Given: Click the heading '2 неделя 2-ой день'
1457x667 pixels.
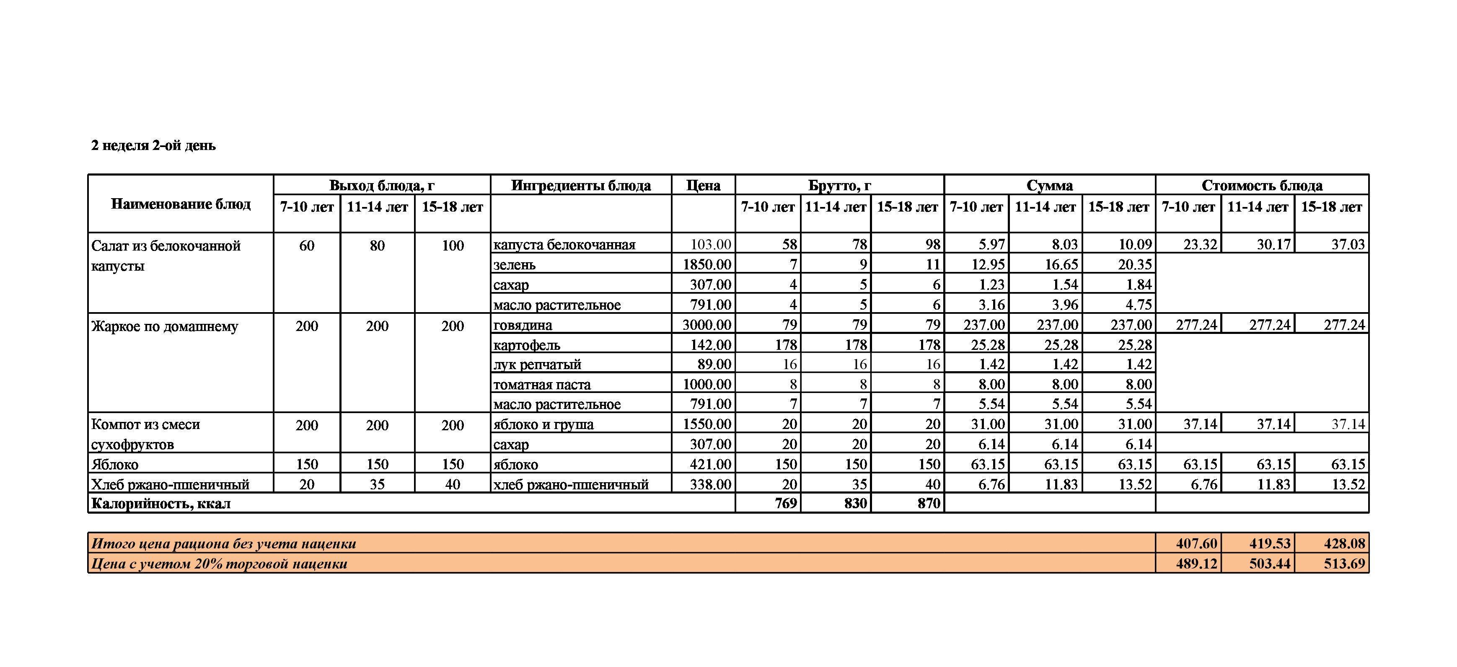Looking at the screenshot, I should pos(153,145).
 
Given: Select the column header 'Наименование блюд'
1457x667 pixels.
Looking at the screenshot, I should pos(181,204).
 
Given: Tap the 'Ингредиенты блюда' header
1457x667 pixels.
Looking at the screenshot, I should pos(581,186).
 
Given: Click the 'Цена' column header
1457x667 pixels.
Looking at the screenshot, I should pos(703,186).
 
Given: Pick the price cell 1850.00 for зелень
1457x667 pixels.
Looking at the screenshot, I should pos(707,264).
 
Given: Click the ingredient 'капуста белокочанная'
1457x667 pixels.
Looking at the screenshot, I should pos(564,244).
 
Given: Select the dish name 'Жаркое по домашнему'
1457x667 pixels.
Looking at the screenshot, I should pos(165,326).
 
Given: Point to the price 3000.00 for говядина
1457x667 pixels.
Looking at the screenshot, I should pos(707,325).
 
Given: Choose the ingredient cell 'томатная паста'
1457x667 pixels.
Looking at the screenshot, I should pos(542,385).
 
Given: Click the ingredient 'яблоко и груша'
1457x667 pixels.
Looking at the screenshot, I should pos(543,424).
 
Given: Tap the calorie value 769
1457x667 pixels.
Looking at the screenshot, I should pos(786,503).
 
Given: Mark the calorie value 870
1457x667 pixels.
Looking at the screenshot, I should pos(928,503).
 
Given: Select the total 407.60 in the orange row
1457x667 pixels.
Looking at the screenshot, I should pos(1196,544).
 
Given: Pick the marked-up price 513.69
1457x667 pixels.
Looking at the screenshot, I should pos(1344,564).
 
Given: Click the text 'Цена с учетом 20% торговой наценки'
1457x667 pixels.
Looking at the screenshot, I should pos(219,564).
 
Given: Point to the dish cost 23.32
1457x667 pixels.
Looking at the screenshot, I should pos(1200,244).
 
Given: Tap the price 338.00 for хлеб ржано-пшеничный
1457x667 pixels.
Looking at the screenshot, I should pos(710,484).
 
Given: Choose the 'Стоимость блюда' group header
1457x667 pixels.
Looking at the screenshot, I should pos(1261,186).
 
